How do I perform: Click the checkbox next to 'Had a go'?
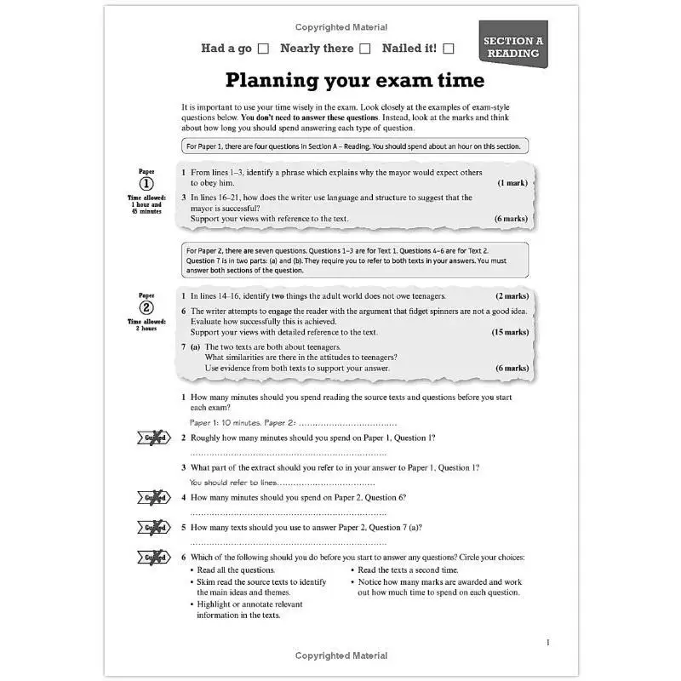(263, 49)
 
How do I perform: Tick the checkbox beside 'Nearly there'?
(364, 49)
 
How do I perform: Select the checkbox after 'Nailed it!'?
(449, 49)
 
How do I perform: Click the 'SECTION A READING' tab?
(512, 46)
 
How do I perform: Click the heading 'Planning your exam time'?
(354, 80)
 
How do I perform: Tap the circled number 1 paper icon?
(146, 184)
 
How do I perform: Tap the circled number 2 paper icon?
(146, 308)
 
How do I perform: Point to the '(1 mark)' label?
(512, 183)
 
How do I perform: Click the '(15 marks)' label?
(509, 332)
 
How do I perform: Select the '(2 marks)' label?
(512, 296)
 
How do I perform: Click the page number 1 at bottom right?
(547, 643)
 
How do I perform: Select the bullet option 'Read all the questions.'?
(236, 569)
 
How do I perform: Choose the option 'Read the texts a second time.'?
(408, 569)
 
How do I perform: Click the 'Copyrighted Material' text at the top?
(340, 27)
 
